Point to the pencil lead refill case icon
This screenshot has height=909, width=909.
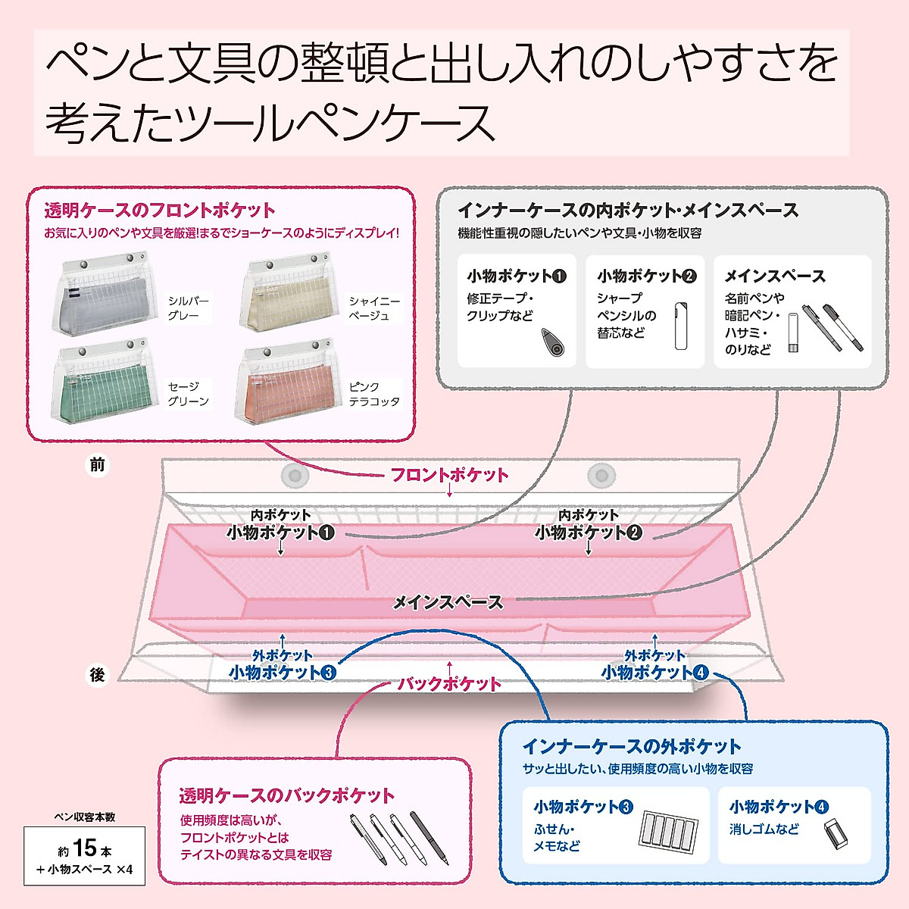681,326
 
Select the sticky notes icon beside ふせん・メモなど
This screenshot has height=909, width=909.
665,831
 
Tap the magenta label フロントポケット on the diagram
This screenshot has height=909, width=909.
449,475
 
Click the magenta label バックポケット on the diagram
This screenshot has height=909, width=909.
450,684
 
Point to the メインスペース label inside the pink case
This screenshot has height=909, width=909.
448,602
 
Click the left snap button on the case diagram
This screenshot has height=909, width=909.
295,476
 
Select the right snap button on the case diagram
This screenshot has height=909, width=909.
602,476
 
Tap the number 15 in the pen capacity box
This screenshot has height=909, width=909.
85,848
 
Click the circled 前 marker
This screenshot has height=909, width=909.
97,465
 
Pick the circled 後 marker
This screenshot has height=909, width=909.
97,674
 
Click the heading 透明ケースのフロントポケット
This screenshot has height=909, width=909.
160,210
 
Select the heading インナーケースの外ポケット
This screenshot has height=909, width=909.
631,746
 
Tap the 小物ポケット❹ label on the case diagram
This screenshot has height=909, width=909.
654,672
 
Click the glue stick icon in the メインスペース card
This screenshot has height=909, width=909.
793,333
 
